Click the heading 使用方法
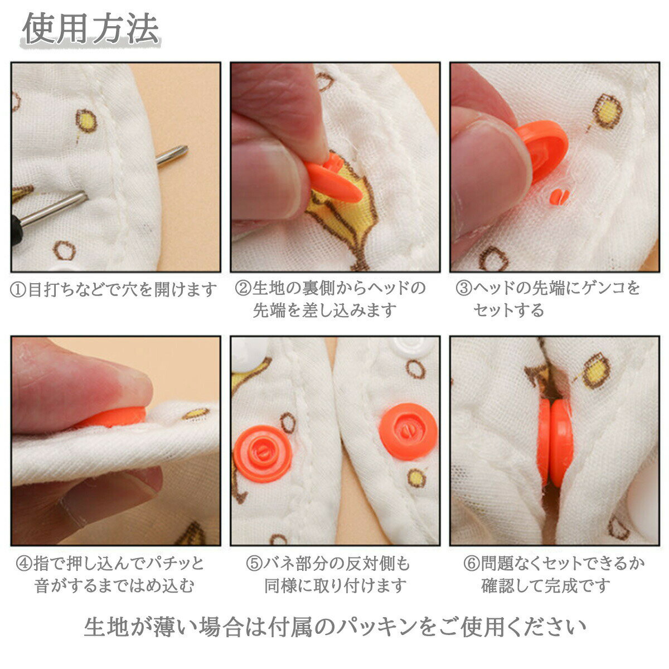point(91,29)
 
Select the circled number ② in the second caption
point(243,289)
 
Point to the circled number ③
point(464,289)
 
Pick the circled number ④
point(25,564)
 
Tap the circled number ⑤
point(254,563)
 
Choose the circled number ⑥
point(472,563)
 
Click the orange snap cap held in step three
point(541,149)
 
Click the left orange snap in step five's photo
point(263,454)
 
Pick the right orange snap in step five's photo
point(408,432)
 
